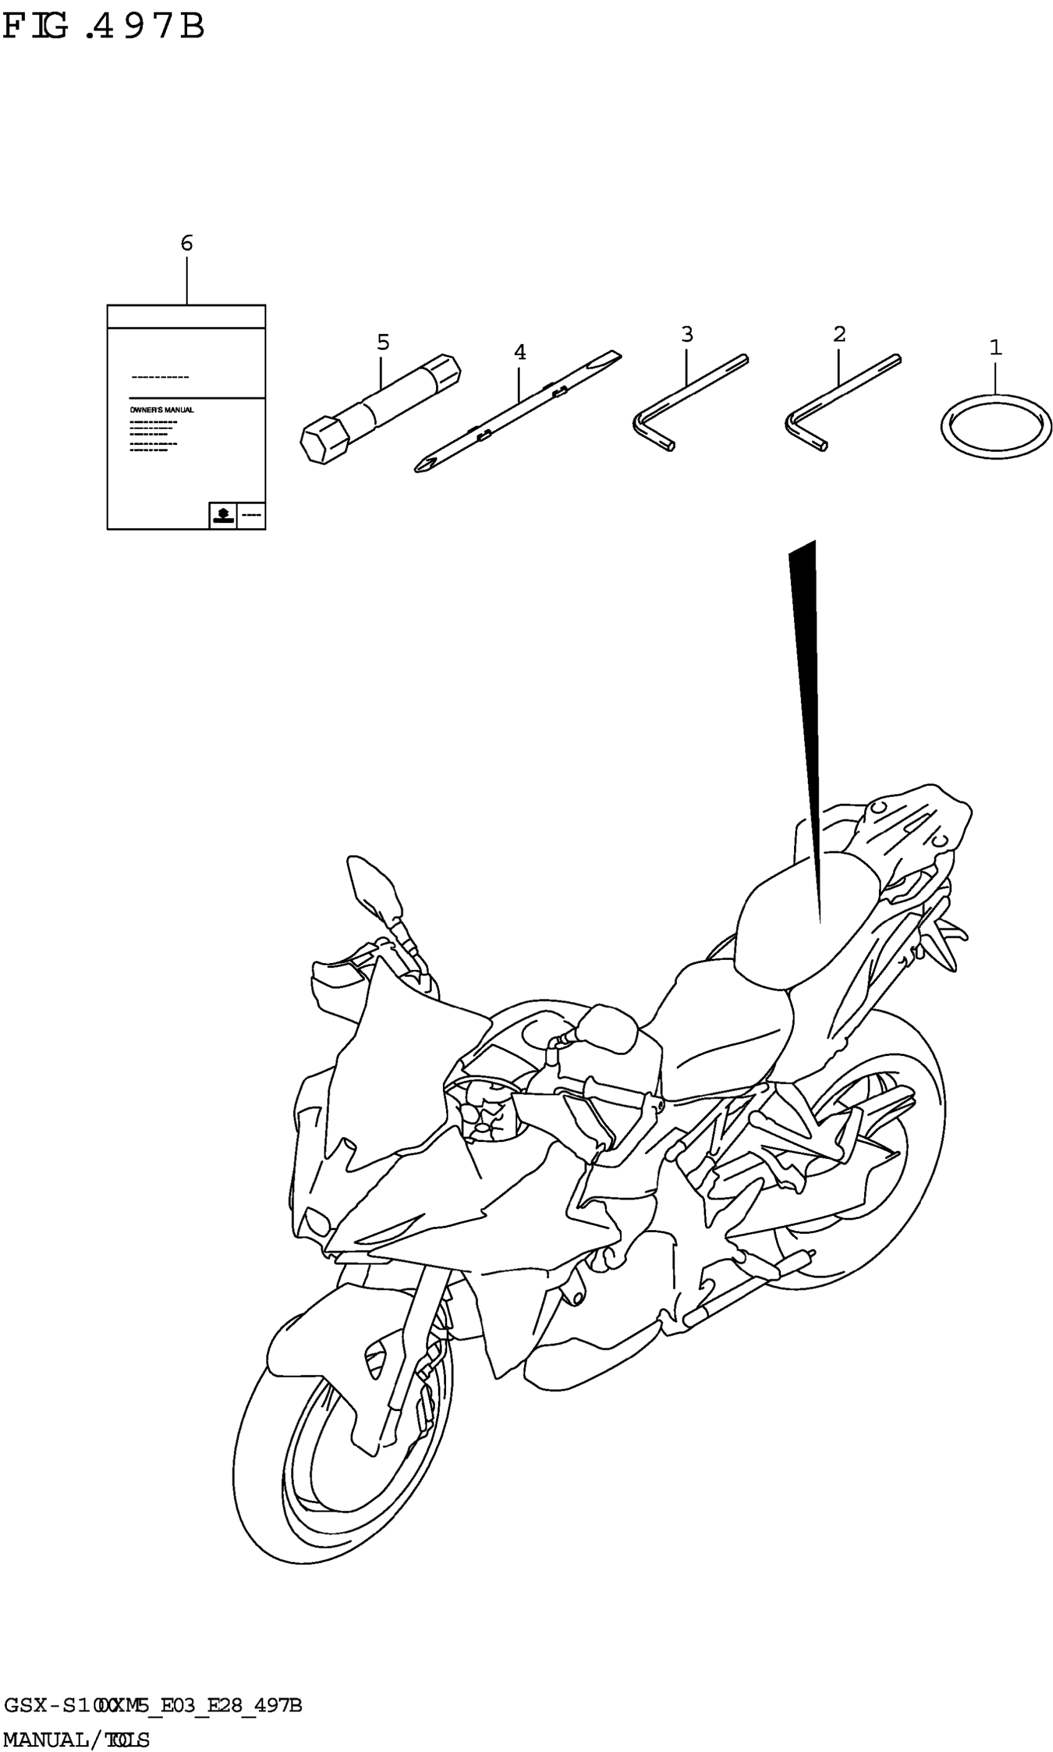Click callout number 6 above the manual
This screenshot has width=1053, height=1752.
coord(186,244)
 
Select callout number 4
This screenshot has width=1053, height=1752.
coord(520,352)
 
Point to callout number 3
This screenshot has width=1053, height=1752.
coord(687,335)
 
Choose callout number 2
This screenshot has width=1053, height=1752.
coord(839,335)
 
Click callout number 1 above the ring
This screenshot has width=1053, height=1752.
coord(995,348)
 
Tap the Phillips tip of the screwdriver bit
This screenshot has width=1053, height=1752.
coord(423,465)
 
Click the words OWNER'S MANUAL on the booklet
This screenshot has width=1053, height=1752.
coord(162,410)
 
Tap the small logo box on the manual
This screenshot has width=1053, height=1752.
coord(223,514)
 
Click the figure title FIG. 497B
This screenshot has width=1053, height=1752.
coord(103,27)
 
